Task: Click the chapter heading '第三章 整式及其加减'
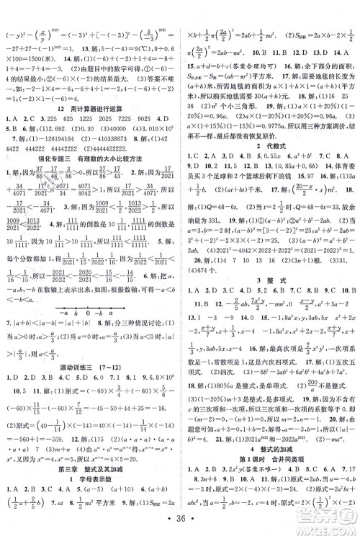pyautogui.click(x=89, y=481)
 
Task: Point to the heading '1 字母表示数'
pyautogui.click(x=89, y=494)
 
